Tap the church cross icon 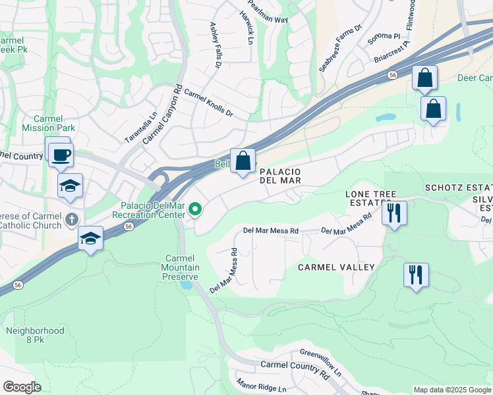coord(72,219)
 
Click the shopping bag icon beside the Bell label coord(243,160)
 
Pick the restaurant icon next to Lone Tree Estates coord(394,213)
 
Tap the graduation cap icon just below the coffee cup coord(70,186)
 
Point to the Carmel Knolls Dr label coord(208,103)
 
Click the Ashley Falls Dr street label coord(216,45)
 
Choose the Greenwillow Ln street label coord(320,363)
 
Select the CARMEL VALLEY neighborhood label coord(336,267)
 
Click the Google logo coord(22,387)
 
